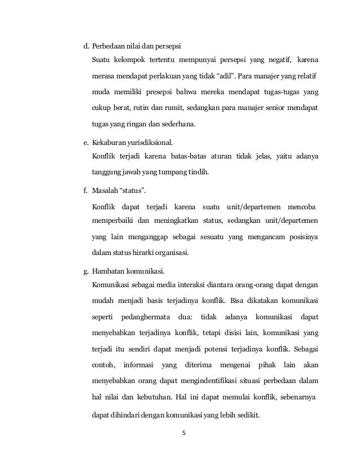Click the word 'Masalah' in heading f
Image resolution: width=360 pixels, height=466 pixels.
point(103,191)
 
